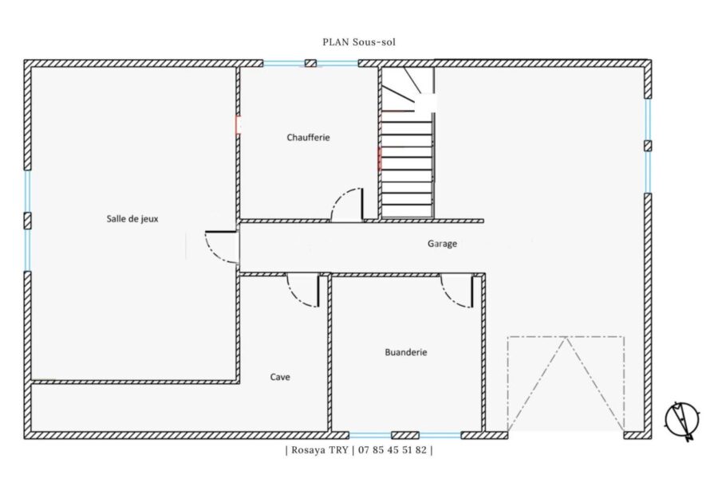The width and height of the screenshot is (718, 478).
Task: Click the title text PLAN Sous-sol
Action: (x=359, y=42)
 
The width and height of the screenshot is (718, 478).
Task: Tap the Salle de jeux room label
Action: (x=132, y=218)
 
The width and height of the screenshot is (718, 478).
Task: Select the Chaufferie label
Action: (x=308, y=137)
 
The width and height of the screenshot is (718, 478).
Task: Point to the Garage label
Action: (x=442, y=243)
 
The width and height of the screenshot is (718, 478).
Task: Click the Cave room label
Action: (x=280, y=377)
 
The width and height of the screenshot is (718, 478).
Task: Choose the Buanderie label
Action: (x=406, y=352)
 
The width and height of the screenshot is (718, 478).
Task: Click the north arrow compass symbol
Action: (x=682, y=421)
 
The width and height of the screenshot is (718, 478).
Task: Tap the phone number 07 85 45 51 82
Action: (x=393, y=449)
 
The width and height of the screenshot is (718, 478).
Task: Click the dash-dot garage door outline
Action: (x=566, y=337)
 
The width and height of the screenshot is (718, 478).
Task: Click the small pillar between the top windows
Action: (x=310, y=63)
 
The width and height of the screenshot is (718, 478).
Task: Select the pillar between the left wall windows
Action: (x=27, y=221)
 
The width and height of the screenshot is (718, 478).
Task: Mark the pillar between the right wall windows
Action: (x=648, y=146)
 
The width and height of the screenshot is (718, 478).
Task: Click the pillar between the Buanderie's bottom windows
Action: (x=405, y=435)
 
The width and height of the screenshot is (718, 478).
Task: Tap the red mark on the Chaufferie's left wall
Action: (x=238, y=124)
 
